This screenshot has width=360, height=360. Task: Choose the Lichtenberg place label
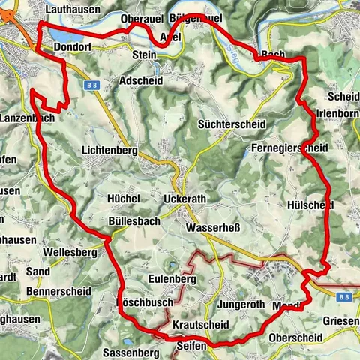[x=110, y=151]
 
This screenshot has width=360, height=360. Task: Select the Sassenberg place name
[x=130, y=351]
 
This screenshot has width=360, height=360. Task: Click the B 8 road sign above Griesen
[x=344, y=297]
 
